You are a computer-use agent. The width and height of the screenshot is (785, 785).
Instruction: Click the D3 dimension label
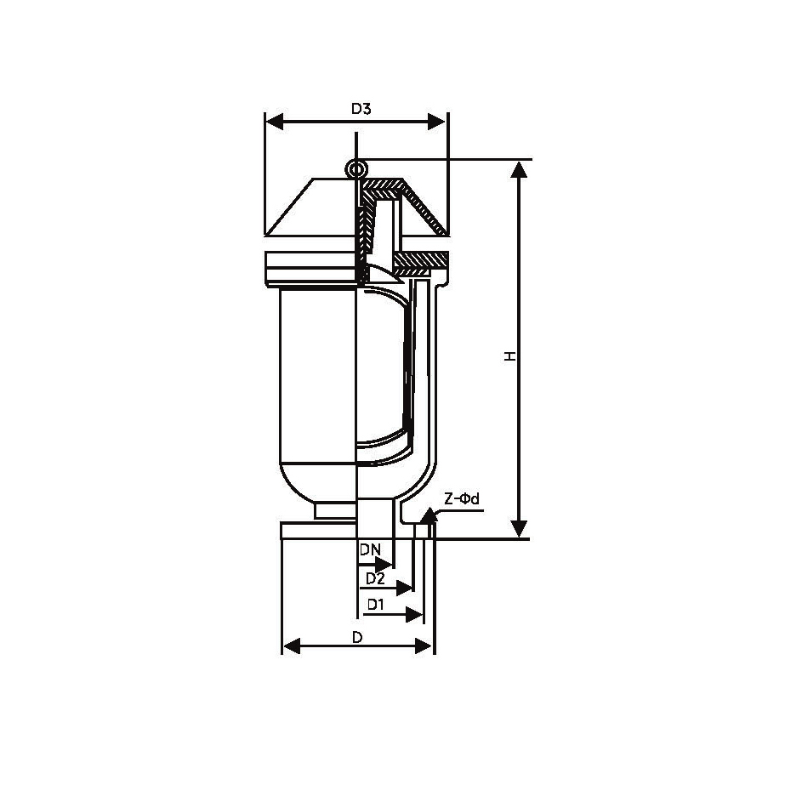[361, 109]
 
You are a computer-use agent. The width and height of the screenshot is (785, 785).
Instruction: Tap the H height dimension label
[509, 356]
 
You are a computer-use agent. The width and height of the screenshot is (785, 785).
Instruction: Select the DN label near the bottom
[371, 549]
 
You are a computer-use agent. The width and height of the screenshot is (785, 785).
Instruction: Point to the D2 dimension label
[375, 578]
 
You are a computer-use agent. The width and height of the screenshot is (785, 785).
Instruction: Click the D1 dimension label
[375, 605]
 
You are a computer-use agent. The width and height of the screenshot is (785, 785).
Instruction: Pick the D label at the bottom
[357, 637]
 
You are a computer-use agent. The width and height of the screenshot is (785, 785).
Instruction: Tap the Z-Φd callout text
[462, 498]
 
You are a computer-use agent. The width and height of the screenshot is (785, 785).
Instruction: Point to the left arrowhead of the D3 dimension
[275, 122]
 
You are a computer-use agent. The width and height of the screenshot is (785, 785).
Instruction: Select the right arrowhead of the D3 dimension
[436, 122]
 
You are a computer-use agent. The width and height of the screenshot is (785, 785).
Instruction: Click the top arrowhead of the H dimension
[519, 169]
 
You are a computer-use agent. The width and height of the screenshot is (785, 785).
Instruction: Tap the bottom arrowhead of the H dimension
[519, 529]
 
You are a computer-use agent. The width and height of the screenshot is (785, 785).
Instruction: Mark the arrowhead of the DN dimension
[384, 564]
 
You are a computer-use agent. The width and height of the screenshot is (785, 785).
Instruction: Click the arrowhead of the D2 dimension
[404, 588]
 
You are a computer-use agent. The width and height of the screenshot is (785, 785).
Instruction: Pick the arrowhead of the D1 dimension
[414, 614]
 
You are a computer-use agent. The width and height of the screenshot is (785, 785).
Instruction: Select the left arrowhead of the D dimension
[292, 646]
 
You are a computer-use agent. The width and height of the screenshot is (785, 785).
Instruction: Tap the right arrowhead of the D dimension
[423, 646]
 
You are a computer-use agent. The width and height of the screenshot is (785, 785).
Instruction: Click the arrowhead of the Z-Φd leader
[429, 515]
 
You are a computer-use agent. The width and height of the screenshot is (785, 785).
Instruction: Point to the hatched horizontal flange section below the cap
[420, 260]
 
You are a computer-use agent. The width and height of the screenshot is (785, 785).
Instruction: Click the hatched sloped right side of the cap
[424, 208]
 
